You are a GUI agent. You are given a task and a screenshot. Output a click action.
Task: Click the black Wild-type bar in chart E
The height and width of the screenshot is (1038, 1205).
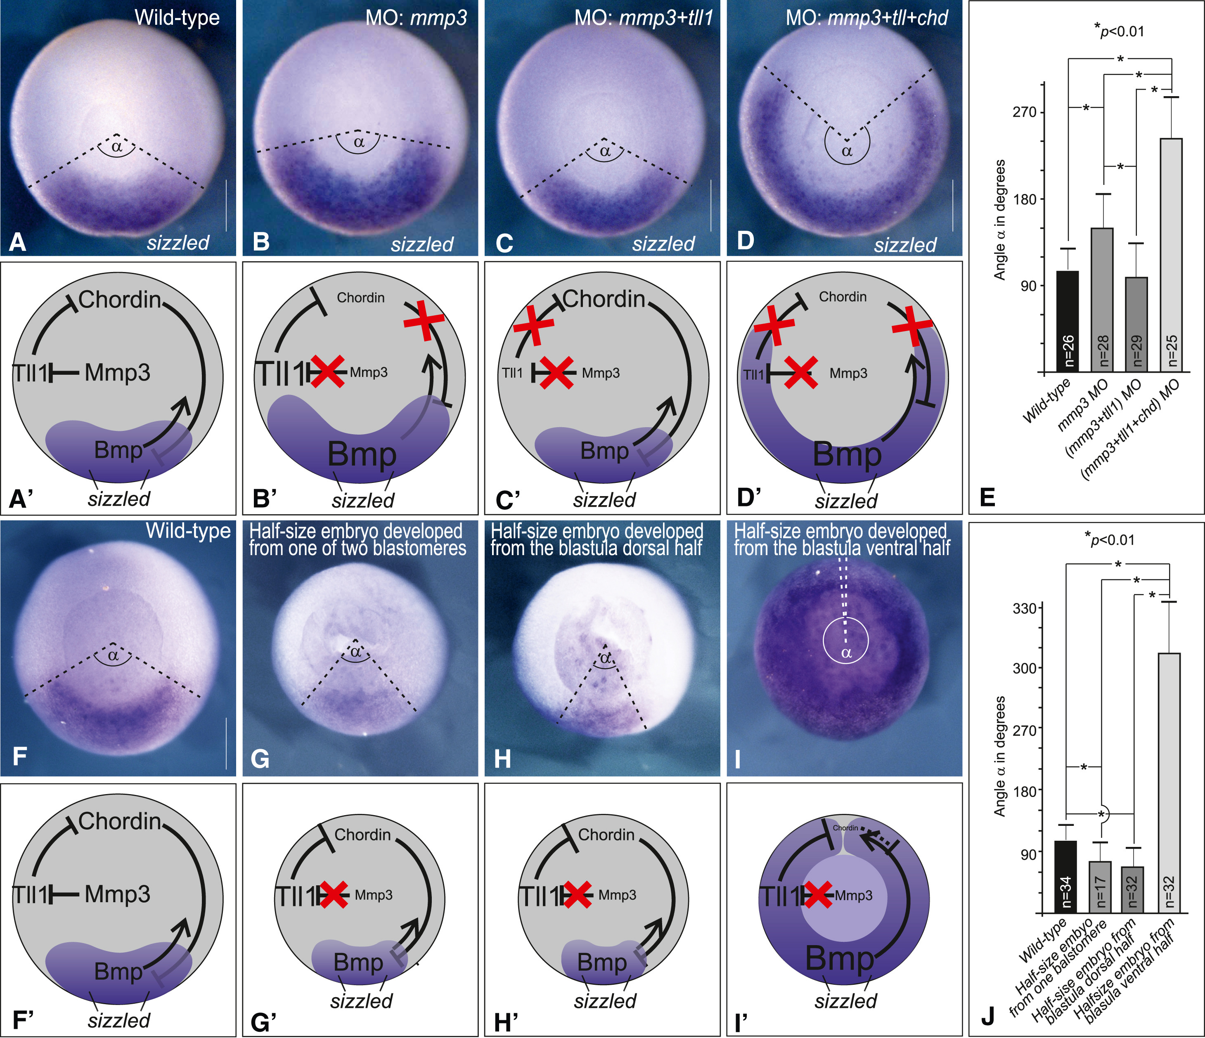pyautogui.click(x=1068, y=321)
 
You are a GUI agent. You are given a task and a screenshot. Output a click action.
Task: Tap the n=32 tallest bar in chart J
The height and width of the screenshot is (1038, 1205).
pyautogui.click(x=1169, y=782)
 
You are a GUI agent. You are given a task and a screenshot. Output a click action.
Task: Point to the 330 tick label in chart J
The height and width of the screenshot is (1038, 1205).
pyautogui.click(x=1025, y=609)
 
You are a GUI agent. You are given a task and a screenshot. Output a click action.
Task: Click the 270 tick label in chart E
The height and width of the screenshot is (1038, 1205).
pyautogui.click(x=1025, y=112)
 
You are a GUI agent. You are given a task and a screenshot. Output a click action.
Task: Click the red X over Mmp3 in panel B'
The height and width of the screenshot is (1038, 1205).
pyautogui.click(x=327, y=372)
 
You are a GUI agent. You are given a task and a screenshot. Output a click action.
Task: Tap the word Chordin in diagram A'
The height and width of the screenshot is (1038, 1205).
pyautogui.click(x=119, y=300)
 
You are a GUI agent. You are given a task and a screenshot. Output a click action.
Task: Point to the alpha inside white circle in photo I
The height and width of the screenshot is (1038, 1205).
pyautogui.click(x=846, y=653)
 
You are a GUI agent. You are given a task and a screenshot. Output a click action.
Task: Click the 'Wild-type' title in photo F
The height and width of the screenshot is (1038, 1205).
pyautogui.click(x=188, y=530)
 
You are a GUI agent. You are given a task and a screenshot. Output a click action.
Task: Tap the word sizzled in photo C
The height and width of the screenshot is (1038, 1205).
pyautogui.click(x=663, y=244)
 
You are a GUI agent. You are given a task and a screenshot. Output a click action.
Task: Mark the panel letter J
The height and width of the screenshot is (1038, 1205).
pyautogui.click(x=987, y=1016)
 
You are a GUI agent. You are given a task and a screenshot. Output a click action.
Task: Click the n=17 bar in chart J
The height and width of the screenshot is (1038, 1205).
pyautogui.click(x=1100, y=887)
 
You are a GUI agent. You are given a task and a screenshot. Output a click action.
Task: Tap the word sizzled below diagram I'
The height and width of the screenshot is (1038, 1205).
pyautogui.click(x=845, y=1001)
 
